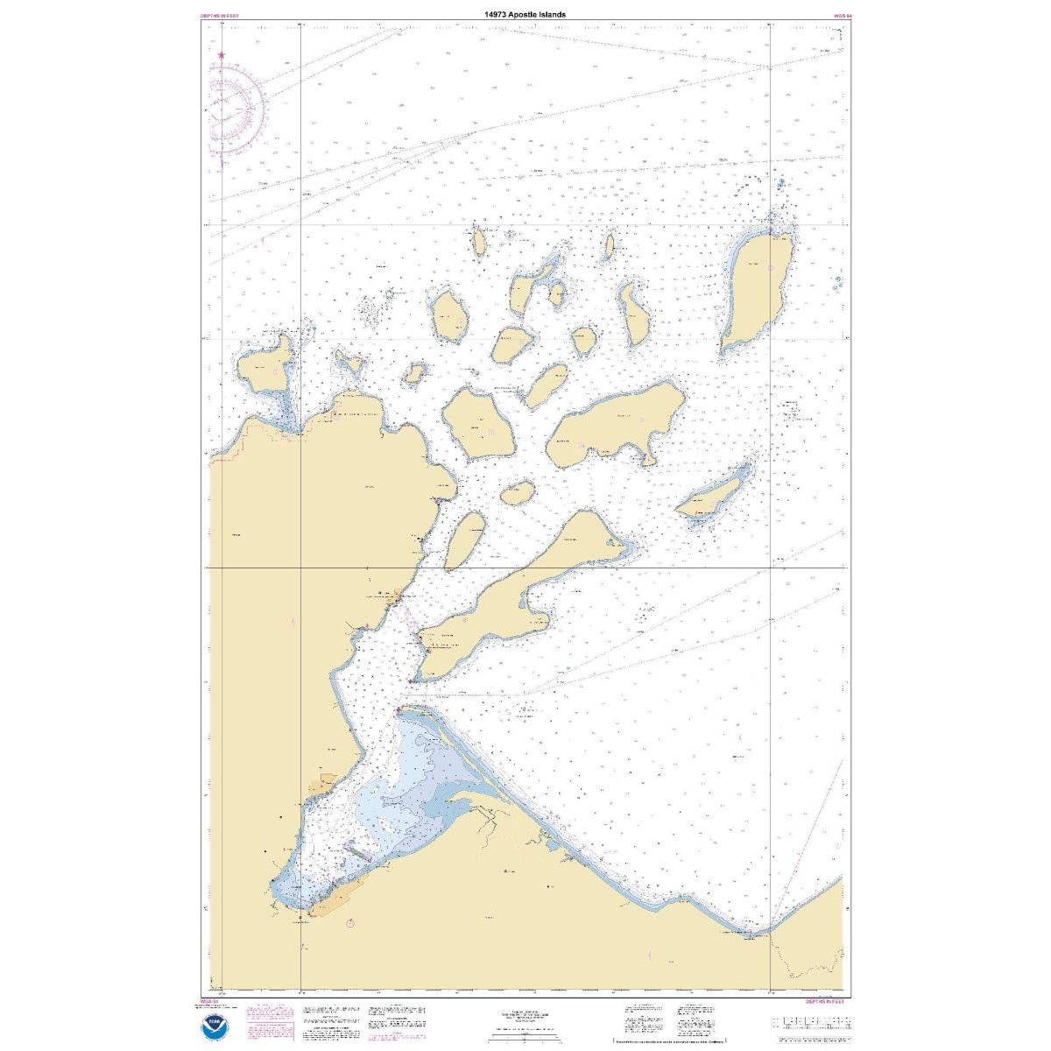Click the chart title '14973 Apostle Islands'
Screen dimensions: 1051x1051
pos(525,15)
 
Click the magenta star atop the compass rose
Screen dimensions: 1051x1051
pos(221,56)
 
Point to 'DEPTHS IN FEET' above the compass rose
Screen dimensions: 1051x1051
pos(219,16)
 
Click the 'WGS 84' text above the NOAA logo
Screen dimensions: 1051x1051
pos(208,1000)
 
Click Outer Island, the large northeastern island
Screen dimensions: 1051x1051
pos(758,289)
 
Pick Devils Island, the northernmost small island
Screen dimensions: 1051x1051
pos(479,240)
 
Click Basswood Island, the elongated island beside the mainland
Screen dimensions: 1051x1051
pos(464,539)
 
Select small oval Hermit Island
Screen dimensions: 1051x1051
pos(518,493)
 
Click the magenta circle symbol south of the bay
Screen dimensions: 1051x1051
pos(350,922)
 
